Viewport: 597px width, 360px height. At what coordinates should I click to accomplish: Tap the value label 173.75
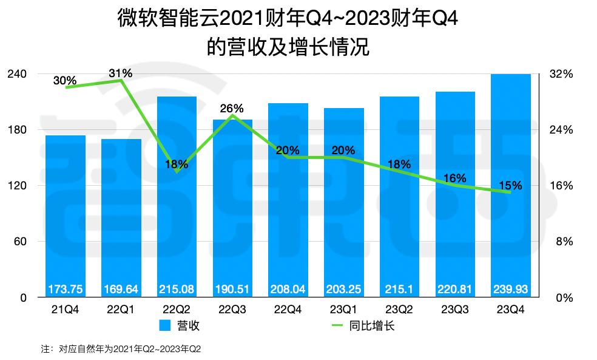66,289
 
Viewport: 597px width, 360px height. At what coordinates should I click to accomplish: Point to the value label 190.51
232,289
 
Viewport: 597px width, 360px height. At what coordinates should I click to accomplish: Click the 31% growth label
121,73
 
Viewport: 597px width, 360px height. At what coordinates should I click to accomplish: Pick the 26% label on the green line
232,109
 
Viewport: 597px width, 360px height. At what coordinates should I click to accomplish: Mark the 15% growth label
510,185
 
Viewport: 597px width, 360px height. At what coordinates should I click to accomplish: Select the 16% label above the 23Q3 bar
454,178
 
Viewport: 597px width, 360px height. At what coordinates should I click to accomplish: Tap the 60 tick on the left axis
20,242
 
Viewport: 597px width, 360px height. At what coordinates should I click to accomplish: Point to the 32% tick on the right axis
561,74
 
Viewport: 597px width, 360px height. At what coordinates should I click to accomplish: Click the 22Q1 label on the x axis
121,310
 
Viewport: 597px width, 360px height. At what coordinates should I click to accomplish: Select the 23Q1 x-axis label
343,310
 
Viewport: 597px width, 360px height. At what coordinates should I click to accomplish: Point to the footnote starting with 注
121,350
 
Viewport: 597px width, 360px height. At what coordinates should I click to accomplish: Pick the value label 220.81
454,289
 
